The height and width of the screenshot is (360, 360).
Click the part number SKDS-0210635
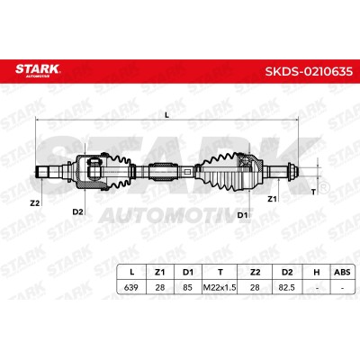click(309, 71)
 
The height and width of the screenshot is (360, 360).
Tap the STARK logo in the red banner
click(37, 70)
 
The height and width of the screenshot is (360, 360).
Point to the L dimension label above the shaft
click(167, 114)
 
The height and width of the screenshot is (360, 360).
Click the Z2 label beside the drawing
click(35, 203)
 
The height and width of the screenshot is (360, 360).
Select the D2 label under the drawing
click(77, 211)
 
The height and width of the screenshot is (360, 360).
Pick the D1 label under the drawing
click(242, 215)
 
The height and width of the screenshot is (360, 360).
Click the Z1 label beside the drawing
click(272, 199)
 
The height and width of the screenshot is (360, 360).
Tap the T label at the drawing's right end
click(313, 192)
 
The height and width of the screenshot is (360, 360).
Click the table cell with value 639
click(131, 287)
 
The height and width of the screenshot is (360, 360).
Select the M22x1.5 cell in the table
click(220, 287)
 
